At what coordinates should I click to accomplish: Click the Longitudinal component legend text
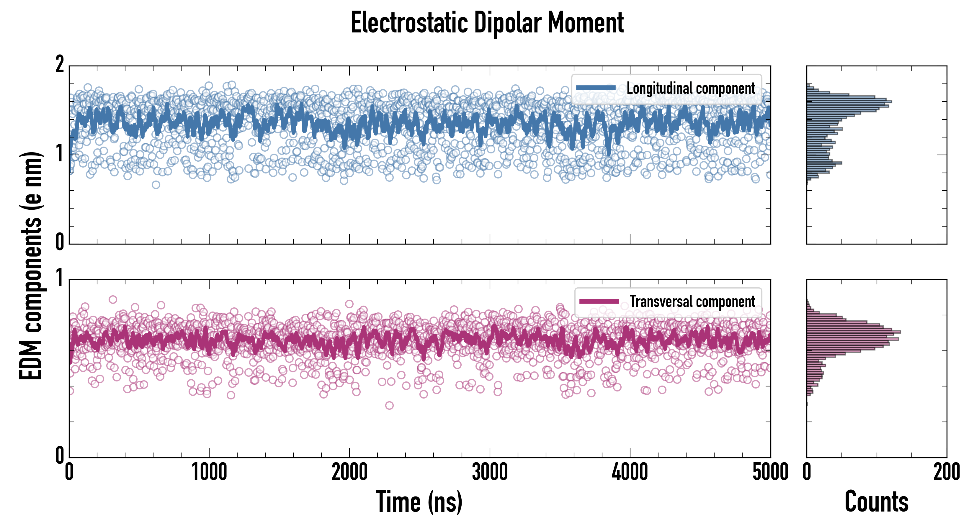690,88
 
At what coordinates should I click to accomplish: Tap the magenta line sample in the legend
599,301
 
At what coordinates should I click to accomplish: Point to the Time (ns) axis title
419,501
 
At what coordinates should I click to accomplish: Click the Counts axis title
876,501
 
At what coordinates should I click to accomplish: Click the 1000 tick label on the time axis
209,472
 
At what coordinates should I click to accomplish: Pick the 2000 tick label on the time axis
349,472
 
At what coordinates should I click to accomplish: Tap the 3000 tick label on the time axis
490,472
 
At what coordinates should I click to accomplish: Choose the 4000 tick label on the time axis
630,472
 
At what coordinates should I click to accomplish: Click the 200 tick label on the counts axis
946,472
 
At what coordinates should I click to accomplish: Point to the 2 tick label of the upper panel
60,65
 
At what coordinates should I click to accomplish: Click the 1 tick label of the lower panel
60,278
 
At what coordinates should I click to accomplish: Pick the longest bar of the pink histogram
853,332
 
